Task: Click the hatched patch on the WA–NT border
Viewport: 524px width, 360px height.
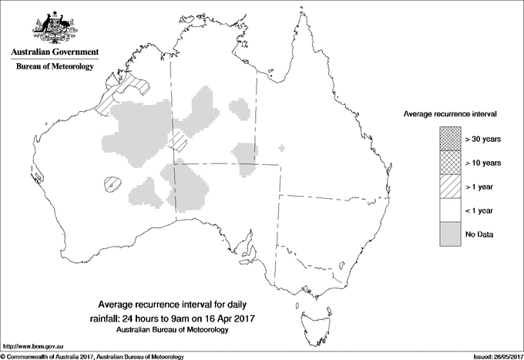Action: click(x=178, y=140)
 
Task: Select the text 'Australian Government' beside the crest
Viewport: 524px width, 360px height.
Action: click(x=54, y=52)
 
